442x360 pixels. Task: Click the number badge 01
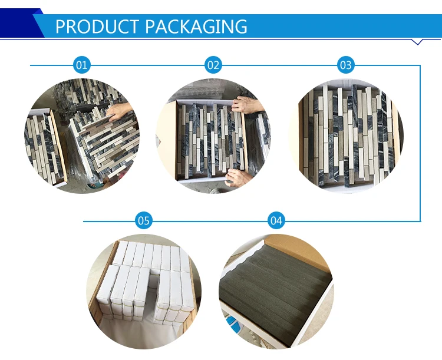click(x=82, y=65)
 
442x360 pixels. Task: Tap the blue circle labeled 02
click(x=213, y=65)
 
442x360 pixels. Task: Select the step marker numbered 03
click(x=345, y=65)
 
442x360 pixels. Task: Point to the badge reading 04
click(x=276, y=221)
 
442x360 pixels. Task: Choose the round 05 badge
click(x=144, y=221)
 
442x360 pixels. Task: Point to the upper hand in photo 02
click(x=243, y=105)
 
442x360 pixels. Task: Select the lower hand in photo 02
click(x=236, y=176)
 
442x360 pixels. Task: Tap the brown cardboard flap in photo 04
click(x=295, y=250)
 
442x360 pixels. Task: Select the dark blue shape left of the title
click(x=18, y=24)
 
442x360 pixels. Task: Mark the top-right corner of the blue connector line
click(x=420, y=65)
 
